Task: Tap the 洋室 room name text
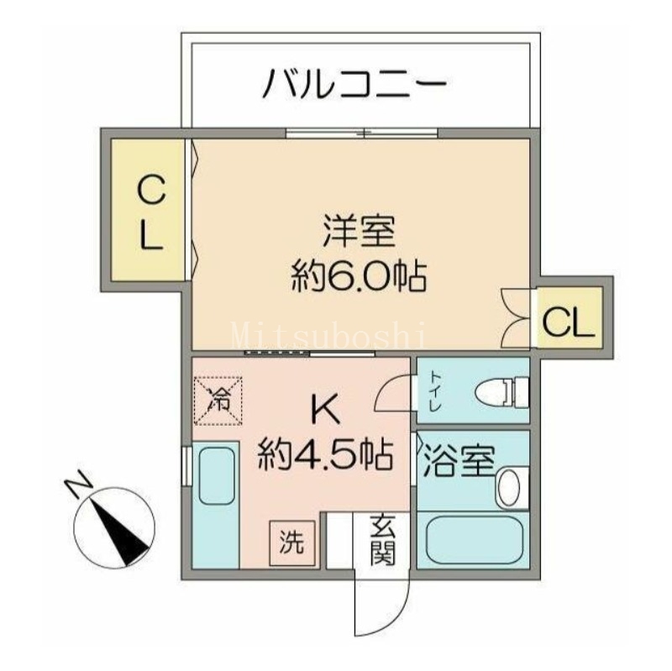click(x=359, y=232)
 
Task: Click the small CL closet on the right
click(x=570, y=320)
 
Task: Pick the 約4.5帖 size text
click(x=325, y=454)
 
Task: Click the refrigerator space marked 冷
click(x=218, y=401)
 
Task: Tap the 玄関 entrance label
click(x=383, y=541)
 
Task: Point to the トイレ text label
click(x=436, y=391)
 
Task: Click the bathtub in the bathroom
click(x=474, y=541)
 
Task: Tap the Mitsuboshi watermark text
click(x=329, y=334)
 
